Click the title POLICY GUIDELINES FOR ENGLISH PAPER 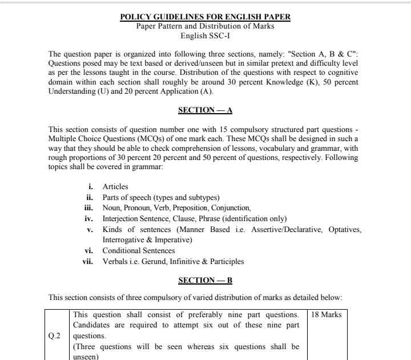click(x=205, y=17)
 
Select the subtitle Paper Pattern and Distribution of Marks click(x=205, y=26)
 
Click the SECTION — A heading click(x=205, y=110)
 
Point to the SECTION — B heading click(x=205, y=280)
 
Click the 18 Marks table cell click(x=327, y=315)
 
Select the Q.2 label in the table click(x=55, y=336)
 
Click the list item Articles click(x=115, y=187)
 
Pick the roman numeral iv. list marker click(x=88, y=219)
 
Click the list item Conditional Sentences click(x=139, y=251)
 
